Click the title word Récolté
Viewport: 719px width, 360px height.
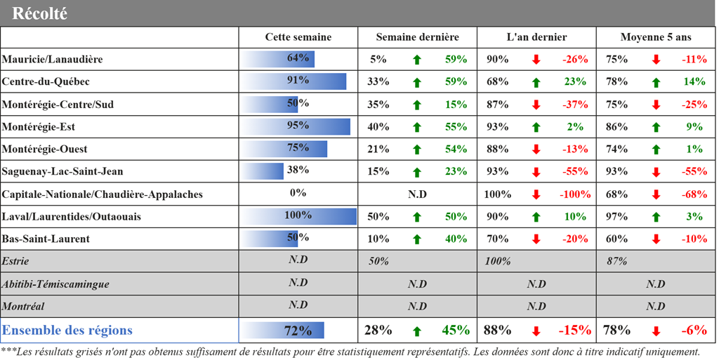pos(40,13)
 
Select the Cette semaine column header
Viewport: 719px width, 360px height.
pos(298,37)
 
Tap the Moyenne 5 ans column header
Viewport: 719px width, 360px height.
pos(656,37)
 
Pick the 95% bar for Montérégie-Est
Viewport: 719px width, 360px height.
pos(296,126)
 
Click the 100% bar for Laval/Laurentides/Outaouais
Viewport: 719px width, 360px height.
pos(299,216)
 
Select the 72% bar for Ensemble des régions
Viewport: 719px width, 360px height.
pos(284,331)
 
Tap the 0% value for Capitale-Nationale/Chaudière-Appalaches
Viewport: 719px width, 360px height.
pos(298,193)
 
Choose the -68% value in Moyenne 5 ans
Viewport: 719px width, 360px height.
pos(694,194)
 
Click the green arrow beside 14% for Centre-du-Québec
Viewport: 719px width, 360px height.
pos(656,82)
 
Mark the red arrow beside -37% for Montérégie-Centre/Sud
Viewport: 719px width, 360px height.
pos(536,105)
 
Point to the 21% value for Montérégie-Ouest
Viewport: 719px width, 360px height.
pos(378,149)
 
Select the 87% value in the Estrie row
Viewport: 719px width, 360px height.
pos(616,261)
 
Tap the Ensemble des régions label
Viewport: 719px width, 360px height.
pos(67,331)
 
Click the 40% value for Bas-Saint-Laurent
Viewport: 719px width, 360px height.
pos(456,239)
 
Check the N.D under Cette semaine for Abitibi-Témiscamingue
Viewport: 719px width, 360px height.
pos(298,284)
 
